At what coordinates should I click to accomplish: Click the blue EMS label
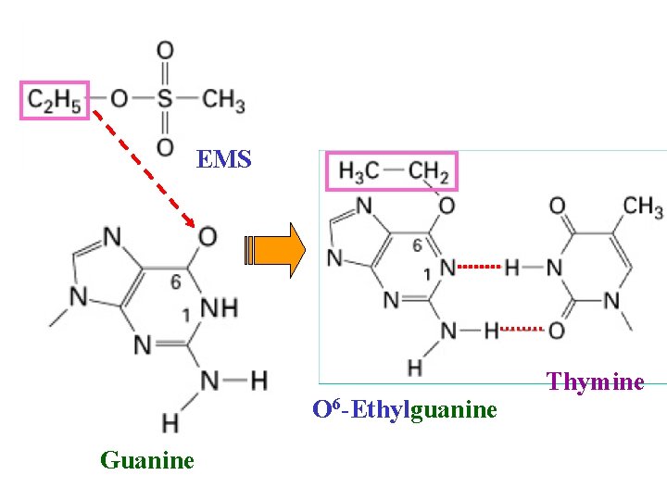coord(224,159)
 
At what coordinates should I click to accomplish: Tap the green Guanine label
coord(147,459)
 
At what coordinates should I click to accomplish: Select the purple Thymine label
coord(595,381)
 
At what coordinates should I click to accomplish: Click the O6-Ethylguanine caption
coord(405,408)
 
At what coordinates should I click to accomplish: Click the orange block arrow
coord(275,250)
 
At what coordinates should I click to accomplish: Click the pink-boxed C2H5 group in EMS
coord(55,100)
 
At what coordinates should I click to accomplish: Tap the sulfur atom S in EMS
coord(165,99)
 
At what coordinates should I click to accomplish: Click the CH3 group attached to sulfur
coord(224,99)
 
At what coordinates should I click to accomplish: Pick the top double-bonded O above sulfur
coord(165,50)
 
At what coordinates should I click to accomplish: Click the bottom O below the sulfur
coord(165,146)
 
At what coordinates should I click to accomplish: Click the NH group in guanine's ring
coord(219,307)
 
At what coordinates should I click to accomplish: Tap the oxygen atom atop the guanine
coord(208,237)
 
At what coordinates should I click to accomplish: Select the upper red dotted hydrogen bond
coord(479,268)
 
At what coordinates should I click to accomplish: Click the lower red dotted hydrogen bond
coord(525,329)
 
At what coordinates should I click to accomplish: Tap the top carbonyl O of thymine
coord(558,206)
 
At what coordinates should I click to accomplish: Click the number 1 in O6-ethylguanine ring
coord(427,274)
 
